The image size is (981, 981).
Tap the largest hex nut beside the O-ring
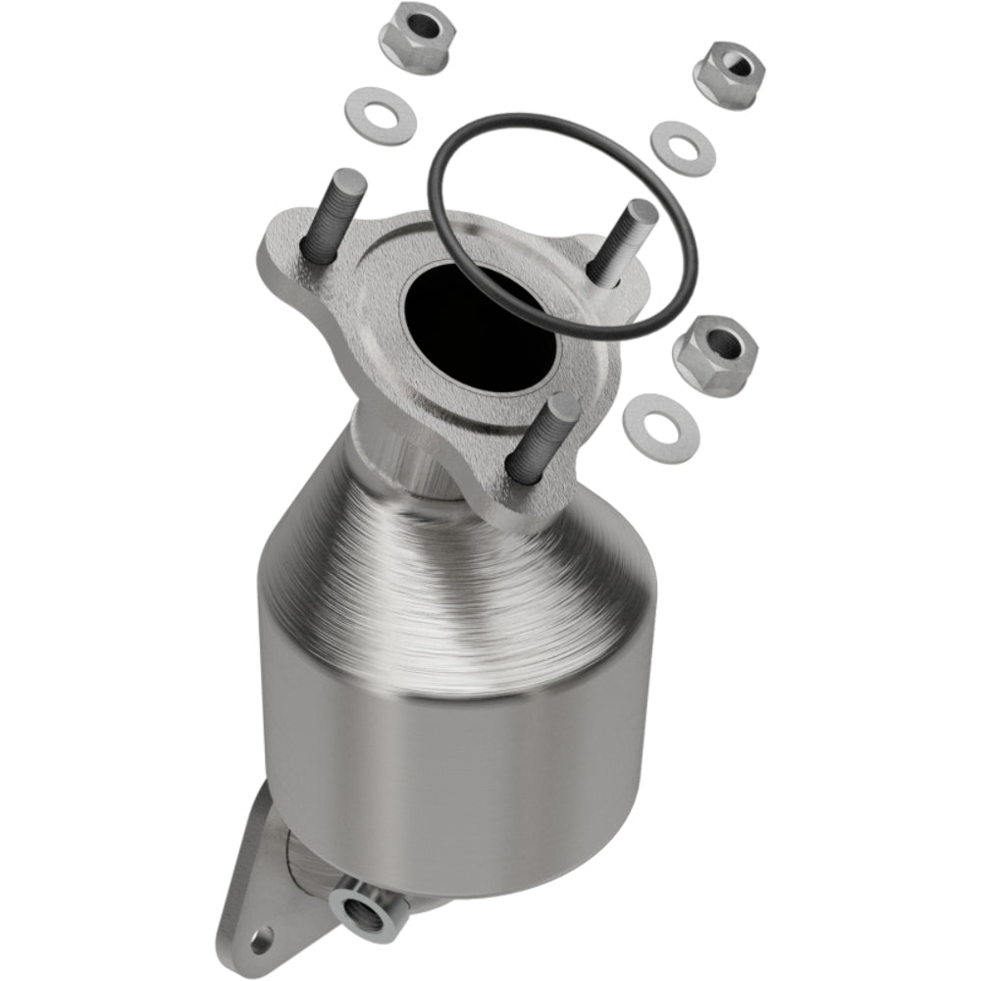716,353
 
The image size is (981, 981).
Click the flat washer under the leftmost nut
382,116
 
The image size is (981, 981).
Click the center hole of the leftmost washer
383,117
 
